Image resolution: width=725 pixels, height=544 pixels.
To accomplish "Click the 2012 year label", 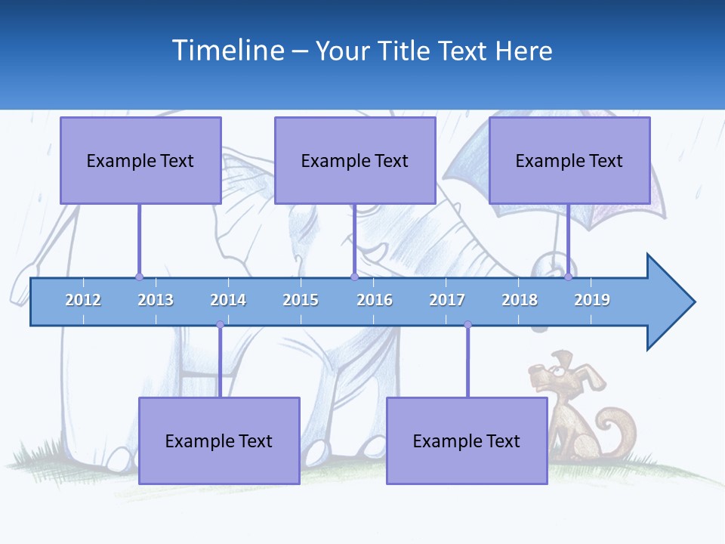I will pyautogui.click(x=83, y=300).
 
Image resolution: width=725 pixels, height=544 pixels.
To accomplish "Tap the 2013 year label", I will pyautogui.click(x=156, y=300).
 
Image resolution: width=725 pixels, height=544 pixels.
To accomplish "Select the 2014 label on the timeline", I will pyautogui.click(x=228, y=300).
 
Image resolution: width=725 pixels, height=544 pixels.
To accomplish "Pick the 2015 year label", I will pyautogui.click(x=301, y=300).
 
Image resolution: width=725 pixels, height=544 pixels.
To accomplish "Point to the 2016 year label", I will pyautogui.click(x=375, y=300).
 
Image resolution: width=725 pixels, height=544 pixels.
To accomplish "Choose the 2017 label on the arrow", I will pyautogui.click(x=447, y=300).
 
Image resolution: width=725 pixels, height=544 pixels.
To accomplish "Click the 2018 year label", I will pyautogui.click(x=520, y=300).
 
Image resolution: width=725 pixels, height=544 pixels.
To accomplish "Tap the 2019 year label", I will pyautogui.click(x=592, y=300).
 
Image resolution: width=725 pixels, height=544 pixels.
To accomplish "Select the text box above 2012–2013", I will pyautogui.click(x=140, y=161).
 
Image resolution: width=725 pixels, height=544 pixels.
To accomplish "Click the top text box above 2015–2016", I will pyautogui.click(x=355, y=161).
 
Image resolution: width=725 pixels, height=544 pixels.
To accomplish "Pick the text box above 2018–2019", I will pyautogui.click(x=569, y=161).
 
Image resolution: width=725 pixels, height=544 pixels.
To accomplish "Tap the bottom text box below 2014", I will pyautogui.click(x=219, y=441).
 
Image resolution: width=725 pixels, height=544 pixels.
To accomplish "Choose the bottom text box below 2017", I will pyautogui.click(x=467, y=441).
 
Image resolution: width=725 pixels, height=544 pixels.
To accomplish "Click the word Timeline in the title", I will pyautogui.click(x=227, y=51).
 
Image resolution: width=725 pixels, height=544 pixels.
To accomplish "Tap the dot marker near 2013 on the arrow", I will pyautogui.click(x=139, y=277).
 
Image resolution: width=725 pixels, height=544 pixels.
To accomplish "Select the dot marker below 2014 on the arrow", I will pyautogui.click(x=220, y=324).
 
